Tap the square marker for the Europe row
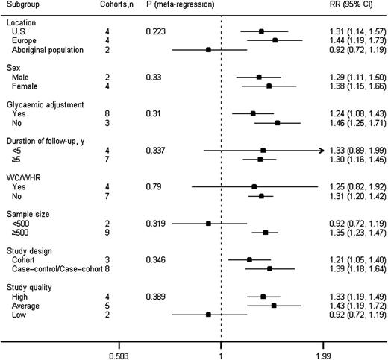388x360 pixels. pyautogui.click(x=275, y=40)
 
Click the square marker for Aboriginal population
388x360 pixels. pyautogui.click(x=208, y=49)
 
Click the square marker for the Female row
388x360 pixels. pyautogui.click(x=269, y=86)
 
